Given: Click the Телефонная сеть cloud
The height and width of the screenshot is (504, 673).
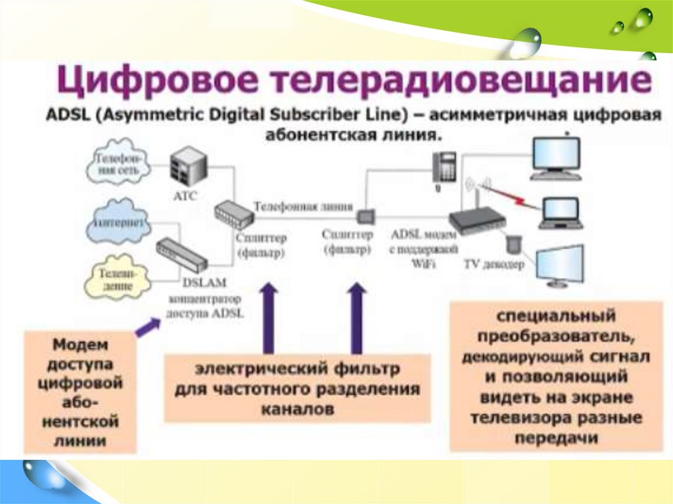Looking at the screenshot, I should pos(118,164).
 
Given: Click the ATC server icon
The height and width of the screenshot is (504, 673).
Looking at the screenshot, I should pos(185,165).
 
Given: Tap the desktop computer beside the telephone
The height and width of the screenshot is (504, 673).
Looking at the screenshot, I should pos(556,157).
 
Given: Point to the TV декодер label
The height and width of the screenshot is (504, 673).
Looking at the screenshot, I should pos(494,265).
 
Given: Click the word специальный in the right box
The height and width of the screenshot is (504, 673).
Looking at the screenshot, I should pos(555,316).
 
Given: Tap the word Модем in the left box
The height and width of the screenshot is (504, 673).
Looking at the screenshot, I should pos(80,344).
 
